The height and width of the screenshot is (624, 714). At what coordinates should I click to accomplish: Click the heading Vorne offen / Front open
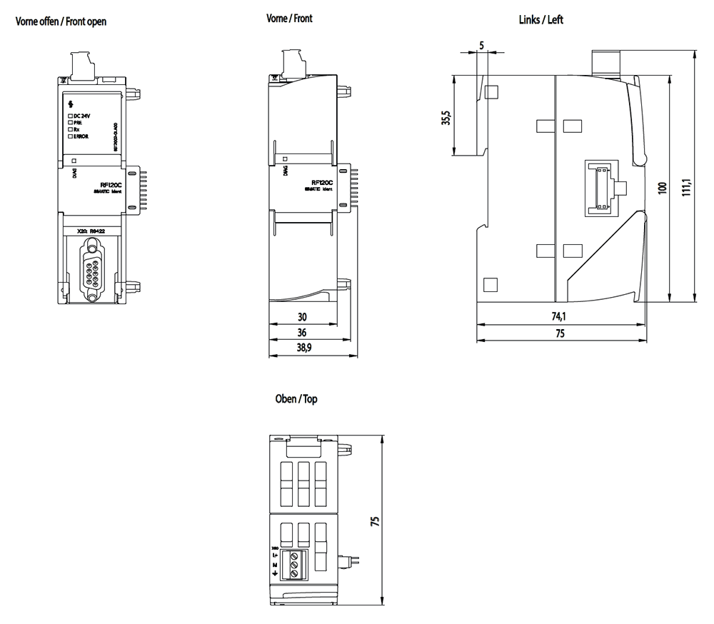(x=61, y=21)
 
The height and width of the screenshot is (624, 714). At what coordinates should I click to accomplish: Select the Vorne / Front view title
(x=289, y=19)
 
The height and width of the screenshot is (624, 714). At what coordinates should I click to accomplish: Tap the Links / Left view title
(x=540, y=20)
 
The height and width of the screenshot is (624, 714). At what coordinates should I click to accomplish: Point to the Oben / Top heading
(x=296, y=398)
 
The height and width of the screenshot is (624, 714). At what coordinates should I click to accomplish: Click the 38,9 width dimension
(x=303, y=348)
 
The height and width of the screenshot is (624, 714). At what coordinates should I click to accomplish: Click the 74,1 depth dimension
(x=558, y=317)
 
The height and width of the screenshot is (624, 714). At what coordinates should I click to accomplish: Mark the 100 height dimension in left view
(x=662, y=188)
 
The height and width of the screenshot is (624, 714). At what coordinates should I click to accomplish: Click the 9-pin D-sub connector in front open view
(x=92, y=265)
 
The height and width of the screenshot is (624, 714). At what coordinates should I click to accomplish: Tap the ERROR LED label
(x=81, y=136)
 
